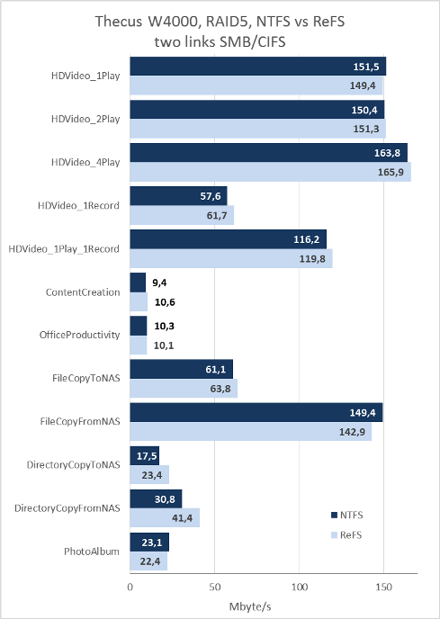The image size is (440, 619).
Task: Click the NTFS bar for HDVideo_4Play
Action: tap(268, 153)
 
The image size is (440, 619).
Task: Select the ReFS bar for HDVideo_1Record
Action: tap(182, 216)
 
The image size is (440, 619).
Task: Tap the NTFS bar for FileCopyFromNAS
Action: tap(256, 413)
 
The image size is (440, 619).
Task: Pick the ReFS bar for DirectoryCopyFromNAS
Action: tap(165, 517)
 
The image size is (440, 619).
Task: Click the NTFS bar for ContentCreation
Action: tap(138, 283)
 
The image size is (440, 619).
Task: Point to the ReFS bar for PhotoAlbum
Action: tap(148, 561)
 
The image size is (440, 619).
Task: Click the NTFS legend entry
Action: tap(346, 516)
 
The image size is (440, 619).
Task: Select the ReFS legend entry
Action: tap(346, 535)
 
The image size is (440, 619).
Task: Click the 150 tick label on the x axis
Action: tap(383, 587)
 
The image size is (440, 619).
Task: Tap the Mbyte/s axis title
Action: tap(250, 606)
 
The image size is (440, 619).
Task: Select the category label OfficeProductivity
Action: tap(79, 336)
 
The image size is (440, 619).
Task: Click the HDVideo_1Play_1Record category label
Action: tap(64, 249)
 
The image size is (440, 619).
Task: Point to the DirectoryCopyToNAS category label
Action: tap(73, 464)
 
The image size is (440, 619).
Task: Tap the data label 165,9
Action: tap(391, 172)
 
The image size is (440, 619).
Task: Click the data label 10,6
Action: tap(165, 302)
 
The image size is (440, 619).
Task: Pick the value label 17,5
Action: tap(147, 456)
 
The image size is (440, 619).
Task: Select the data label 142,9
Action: tap(352, 432)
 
